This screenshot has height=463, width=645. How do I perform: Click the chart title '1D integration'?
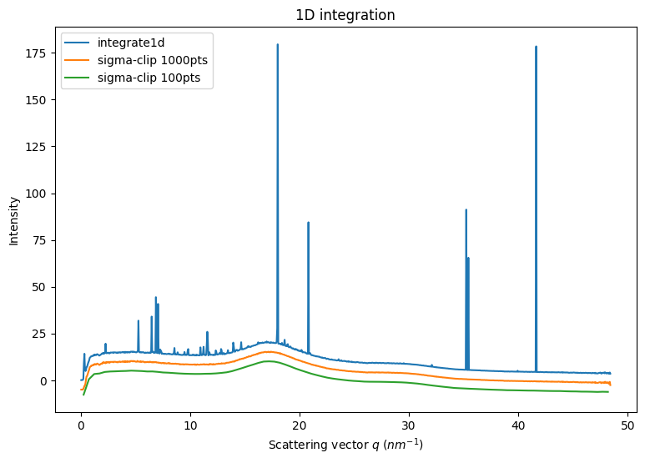(x=345, y=15)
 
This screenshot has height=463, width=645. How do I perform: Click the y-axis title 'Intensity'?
(x=14, y=221)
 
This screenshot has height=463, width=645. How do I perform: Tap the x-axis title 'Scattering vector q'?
(x=345, y=445)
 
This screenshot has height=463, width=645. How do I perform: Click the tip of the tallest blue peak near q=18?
(x=278, y=44)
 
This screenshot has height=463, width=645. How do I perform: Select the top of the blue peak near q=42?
(x=536, y=47)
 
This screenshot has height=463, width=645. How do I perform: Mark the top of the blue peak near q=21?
(x=308, y=222)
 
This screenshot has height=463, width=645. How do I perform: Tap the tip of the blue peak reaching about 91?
(x=466, y=209)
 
